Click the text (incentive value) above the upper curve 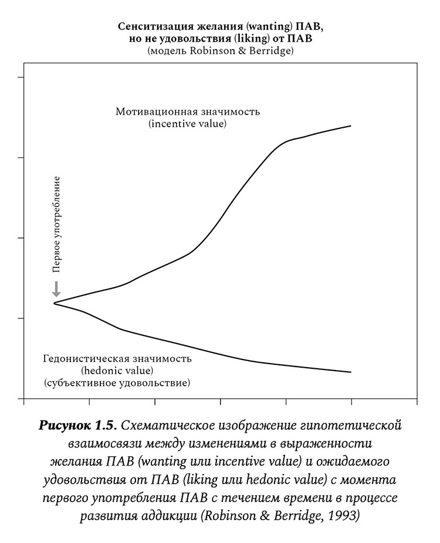188,124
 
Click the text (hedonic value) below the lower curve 117,371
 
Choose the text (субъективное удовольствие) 117,383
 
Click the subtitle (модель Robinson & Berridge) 220,51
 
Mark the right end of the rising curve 350,126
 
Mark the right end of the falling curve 350,372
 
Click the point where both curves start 55,303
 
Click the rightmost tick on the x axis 351,403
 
